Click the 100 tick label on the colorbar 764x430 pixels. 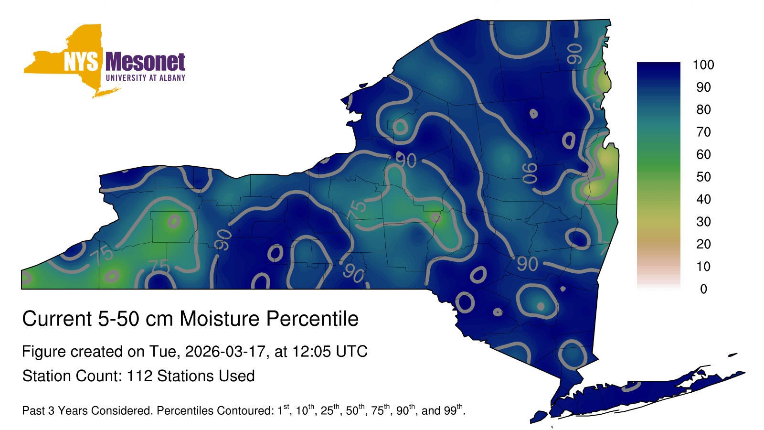pyautogui.click(x=703, y=65)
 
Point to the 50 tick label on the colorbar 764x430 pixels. pyautogui.click(x=703, y=177)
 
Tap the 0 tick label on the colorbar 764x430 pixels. pyautogui.click(x=704, y=289)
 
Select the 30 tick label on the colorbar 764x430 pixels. pyautogui.click(x=703, y=222)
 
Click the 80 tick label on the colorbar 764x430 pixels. pyautogui.click(x=703, y=109)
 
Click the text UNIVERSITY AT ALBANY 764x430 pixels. pyautogui.click(x=146, y=78)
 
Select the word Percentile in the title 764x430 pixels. pyautogui.click(x=312, y=319)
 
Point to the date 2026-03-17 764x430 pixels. pyautogui.click(x=225, y=352)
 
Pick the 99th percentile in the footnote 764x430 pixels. pyautogui.click(x=453, y=410)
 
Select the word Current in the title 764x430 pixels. pyautogui.click(x=57, y=319)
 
